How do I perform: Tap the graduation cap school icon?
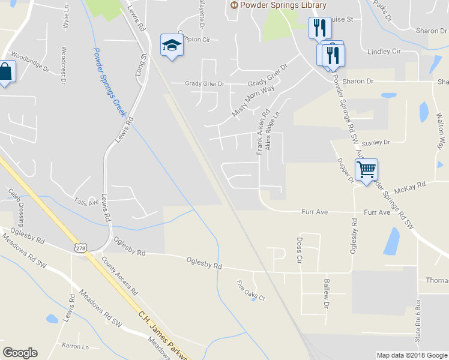pos(172,44)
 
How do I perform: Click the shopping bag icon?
pos(5,72)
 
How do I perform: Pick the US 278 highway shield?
pos(81,247)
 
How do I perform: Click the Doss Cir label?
pos(299,251)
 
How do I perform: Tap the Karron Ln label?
pos(75,346)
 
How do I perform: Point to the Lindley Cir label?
pos(384,52)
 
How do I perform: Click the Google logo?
pos(20,353)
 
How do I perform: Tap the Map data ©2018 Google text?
pos(411,355)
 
